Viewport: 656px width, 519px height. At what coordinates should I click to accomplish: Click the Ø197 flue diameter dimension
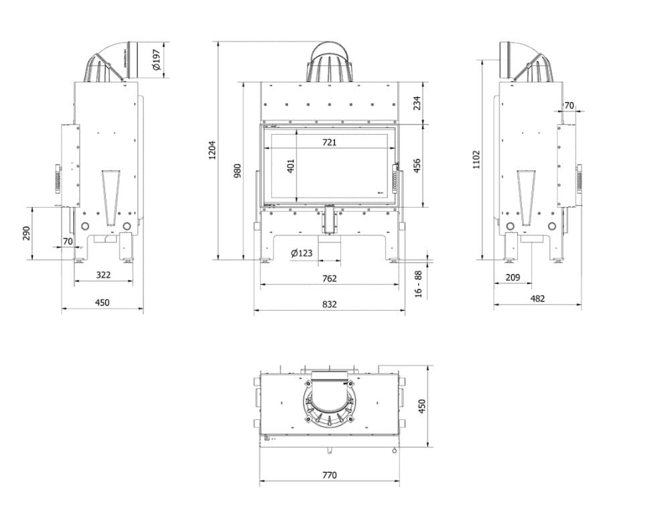157,60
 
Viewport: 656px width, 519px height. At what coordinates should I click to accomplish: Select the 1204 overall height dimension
212,150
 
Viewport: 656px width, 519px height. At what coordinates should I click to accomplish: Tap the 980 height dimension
237,171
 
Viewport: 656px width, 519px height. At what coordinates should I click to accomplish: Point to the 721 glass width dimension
329,142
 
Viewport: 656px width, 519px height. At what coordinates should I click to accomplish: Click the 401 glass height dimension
291,166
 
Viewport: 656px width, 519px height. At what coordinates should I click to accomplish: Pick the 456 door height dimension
417,166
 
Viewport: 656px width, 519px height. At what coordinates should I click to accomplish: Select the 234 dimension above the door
417,103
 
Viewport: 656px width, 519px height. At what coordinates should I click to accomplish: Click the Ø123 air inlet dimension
302,253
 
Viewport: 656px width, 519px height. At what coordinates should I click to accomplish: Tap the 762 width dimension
329,279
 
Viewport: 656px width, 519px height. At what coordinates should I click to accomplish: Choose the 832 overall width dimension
329,305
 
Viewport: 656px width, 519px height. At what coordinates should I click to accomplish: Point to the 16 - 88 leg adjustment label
419,284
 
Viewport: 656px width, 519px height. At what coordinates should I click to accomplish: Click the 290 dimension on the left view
26,233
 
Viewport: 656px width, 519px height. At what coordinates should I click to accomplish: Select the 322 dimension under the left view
103,275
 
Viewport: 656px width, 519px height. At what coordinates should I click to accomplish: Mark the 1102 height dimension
476,160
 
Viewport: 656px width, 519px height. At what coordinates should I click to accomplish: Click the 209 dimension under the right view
513,277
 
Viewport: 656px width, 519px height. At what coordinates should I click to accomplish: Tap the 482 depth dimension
537,299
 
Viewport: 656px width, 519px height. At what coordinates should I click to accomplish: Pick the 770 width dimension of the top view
329,475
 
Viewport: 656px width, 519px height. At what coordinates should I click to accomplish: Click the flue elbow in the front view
330,62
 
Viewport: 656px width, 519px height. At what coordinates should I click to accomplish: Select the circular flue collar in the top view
329,402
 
